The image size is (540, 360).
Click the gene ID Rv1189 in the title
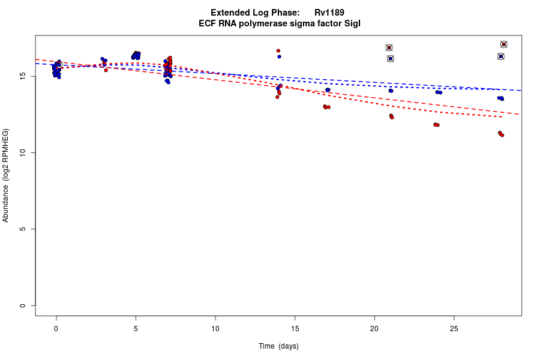[329, 13]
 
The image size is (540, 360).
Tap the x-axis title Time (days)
[278, 346]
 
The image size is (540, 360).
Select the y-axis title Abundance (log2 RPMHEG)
[6, 175]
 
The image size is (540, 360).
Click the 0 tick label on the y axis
[23, 305]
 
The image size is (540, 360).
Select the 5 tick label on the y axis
[23, 229]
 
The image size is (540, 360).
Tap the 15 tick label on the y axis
[22, 76]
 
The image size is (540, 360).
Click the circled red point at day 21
[389, 47]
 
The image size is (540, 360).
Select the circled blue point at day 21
[390, 58]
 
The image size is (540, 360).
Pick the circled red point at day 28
[503, 44]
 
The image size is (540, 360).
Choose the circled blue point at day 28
[501, 56]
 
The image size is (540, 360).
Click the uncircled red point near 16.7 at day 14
[278, 50]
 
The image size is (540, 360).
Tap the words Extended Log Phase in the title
[255, 13]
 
